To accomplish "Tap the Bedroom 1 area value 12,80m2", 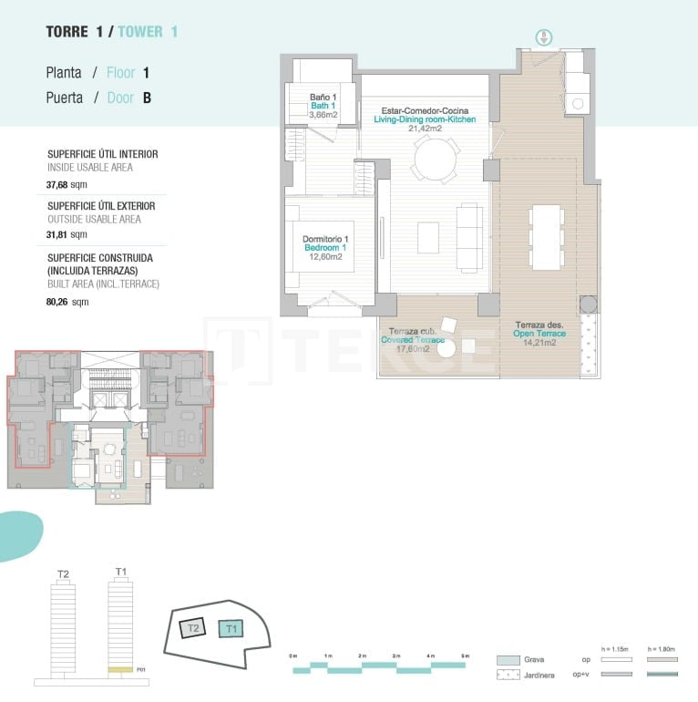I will (x=325, y=257).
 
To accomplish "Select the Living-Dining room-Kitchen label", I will (x=425, y=119).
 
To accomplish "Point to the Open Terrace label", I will (x=539, y=334).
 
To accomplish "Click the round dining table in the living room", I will (x=436, y=160).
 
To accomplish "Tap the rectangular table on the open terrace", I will (x=547, y=237).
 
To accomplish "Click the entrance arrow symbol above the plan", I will (x=543, y=37).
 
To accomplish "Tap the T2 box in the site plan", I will (x=192, y=629).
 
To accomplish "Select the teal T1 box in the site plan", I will (x=231, y=628).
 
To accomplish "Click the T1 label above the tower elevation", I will (x=121, y=572).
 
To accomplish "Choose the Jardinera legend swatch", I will (x=508, y=676).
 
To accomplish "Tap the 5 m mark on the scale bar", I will (x=465, y=656).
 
